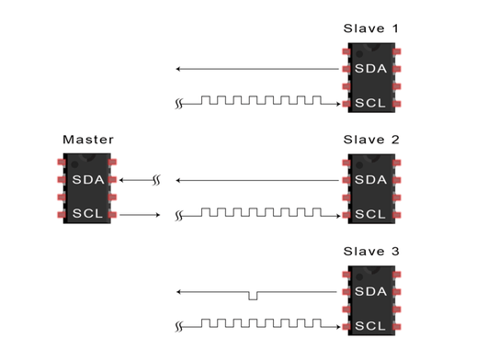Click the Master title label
pos(88,140)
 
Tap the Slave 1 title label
pos(370,28)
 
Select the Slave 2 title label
pos(371,140)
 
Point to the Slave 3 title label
pos(371,252)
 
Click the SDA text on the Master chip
pos(88,180)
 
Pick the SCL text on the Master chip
pos(87,213)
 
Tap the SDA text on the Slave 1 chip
pos(370,69)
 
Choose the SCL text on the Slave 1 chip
pos(370,103)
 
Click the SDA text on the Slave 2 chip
pos(370,180)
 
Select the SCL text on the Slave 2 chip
pos(370,214)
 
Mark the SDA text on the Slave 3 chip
pos(370,292)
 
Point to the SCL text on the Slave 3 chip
pos(370,326)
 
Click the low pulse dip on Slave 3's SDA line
pos(253,296)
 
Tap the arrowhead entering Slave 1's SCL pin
pos(338,104)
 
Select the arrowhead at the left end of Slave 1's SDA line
pos(178,69)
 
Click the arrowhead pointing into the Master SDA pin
pos(121,180)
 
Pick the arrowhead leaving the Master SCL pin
pos(157,215)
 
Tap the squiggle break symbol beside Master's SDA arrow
pos(156,180)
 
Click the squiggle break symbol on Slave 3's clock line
pos(179,327)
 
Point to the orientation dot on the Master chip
pos(74,164)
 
